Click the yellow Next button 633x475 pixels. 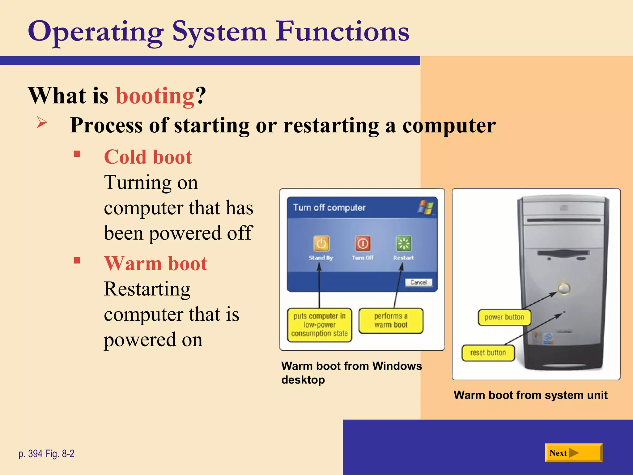573,453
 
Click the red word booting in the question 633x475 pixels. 155,96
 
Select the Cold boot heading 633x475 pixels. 148,157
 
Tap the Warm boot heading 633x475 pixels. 156,263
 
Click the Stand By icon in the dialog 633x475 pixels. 321,244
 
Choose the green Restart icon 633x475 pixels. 404,244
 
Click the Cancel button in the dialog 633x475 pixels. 418,282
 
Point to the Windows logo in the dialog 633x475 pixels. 426,207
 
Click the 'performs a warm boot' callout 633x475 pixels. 391,321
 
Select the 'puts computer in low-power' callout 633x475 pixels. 319,325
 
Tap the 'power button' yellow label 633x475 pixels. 504,317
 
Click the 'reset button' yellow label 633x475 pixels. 488,353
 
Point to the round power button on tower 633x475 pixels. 564,289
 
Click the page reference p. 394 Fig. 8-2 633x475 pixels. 46,454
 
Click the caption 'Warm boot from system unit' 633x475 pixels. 530,395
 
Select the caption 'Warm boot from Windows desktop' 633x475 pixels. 351,373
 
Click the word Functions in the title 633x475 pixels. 342,32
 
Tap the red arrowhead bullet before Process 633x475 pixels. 42,122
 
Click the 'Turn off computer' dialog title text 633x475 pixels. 329,208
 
